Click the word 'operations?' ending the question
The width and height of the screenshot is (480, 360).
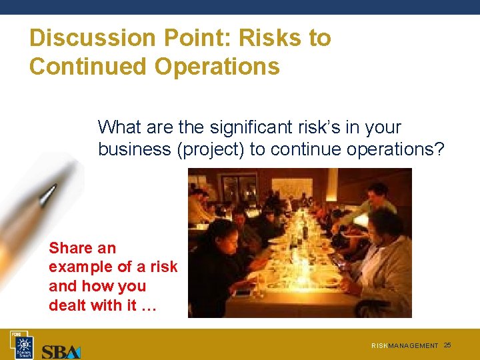[x=395, y=149]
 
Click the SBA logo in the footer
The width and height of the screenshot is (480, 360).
[x=61, y=351]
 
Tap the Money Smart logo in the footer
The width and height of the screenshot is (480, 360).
[x=24, y=345]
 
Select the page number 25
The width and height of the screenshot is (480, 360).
[x=447, y=345]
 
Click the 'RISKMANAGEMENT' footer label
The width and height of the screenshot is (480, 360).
[x=405, y=346]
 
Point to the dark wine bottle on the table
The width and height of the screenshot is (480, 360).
[x=305, y=230]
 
